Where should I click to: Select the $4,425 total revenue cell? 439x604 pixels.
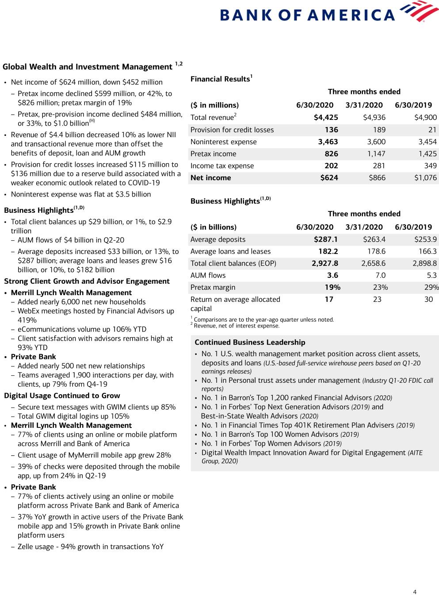326,118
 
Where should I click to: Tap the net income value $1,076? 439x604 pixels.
425,178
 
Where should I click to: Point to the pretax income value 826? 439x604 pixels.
331,154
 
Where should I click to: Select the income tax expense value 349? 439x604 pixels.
430,166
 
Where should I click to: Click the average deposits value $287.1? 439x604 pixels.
325,239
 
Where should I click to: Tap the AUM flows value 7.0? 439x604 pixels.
380,275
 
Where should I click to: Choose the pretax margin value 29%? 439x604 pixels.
431,287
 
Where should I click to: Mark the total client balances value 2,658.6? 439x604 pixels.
373,263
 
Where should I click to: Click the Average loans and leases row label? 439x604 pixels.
230,251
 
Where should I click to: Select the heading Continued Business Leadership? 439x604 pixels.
250,342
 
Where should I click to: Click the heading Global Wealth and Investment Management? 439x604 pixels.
88,67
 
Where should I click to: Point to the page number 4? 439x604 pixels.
415,592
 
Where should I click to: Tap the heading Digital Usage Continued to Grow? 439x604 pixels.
62,396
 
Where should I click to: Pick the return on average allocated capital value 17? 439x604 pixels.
329,300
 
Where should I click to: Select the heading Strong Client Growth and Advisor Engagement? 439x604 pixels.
87,281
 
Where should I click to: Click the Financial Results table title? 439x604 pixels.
220,79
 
